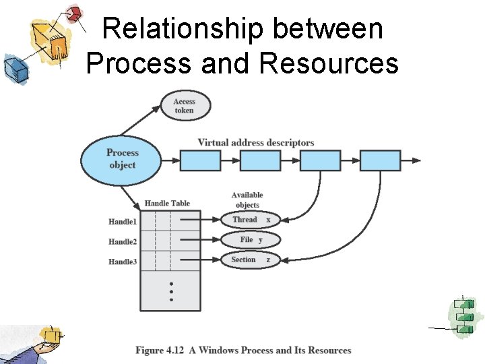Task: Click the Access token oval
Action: [185, 106]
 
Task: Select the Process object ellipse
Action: [122, 159]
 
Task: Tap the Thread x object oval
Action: [251, 220]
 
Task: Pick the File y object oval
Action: [251, 240]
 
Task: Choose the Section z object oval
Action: [251, 260]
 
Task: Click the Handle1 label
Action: [123, 222]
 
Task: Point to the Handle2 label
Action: [123, 241]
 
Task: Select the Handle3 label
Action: [123, 261]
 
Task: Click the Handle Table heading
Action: [167, 204]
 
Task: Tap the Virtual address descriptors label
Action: [256, 143]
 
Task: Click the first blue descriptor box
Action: [200, 160]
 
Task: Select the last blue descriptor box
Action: [380, 160]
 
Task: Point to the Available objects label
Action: [247, 200]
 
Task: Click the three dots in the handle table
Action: [171, 291]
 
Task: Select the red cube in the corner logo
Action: [75, 13]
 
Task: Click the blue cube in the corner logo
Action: [13, 67]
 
